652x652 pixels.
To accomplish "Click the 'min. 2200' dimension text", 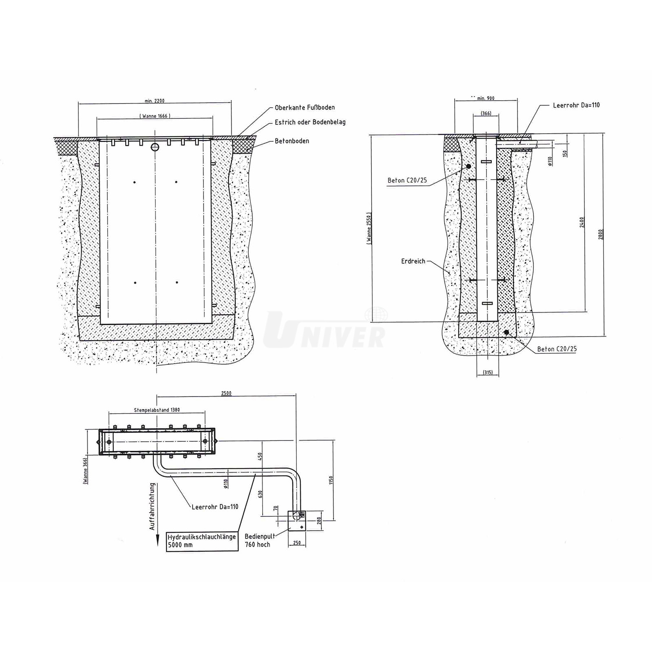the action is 155,101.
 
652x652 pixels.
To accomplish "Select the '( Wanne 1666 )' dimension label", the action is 155,116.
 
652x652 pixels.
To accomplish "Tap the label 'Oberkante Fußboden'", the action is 305,108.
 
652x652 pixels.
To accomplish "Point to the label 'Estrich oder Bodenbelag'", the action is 310,122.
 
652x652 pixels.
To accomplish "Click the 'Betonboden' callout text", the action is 292,141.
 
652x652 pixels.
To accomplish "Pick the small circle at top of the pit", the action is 155,147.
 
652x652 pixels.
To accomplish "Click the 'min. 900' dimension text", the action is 486,98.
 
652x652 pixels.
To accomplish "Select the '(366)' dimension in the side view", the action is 486,113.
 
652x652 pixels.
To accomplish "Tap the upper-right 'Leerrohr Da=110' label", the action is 576,105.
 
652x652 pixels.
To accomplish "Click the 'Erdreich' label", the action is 413,261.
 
